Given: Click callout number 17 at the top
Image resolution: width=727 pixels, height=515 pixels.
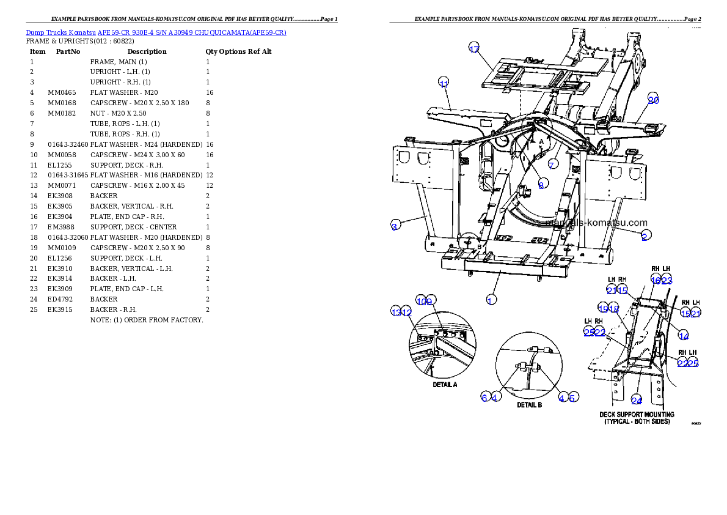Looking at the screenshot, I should pyautogui.click(x=474, y=50).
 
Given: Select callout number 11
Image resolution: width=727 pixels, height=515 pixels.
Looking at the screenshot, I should pyautogui.click(x=444, y=83).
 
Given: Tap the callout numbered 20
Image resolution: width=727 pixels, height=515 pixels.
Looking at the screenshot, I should pyautogui.click(x=653, y=100).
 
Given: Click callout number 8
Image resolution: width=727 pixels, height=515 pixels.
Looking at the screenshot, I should pyautogui.click(x=541, y=185).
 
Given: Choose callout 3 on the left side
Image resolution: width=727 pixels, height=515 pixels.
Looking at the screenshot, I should pyautogui.click(x=395, y=226).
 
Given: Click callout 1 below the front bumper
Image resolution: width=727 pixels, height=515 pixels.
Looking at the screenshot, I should pyautogui.click(x=490, y=300).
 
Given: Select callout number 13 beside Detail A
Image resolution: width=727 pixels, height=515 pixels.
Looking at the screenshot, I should pyautogui.click(x=396, y=313).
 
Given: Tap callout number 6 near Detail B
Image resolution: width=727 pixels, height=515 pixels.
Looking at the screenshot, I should pyautogui.click(x=484, y=398).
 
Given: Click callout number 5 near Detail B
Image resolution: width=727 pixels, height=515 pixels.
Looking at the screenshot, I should pyautogui.click(x=572, y=398).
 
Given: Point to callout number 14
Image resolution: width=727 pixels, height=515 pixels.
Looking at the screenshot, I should pyautogui.click(x=684, y=336).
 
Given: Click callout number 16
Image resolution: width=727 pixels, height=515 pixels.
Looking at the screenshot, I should pyautogui.click(x=656, y=280).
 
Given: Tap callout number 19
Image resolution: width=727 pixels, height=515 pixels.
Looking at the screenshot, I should pyautogui.click(x=603, y=309).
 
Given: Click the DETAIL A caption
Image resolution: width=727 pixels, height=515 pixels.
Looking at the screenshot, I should pyautogui.click(x=445, y=385).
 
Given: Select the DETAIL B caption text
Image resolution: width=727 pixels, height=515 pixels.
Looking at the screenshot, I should pyautogui.click(x=529, y=405).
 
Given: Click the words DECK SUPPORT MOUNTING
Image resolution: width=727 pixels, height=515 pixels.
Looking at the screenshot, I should pyautogui.click(x=637, y=415).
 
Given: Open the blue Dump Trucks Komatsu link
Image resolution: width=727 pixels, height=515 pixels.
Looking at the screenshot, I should pyautogui.click(x=156, y=32).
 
